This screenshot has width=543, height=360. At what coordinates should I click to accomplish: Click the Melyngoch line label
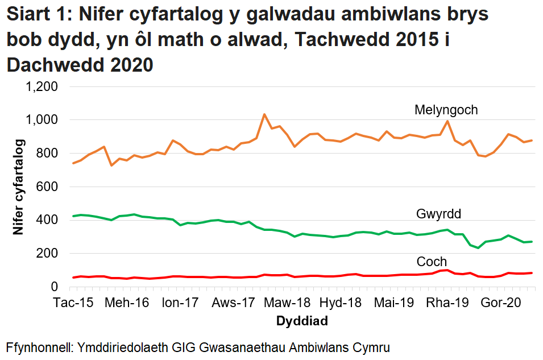click(x=446, y=110)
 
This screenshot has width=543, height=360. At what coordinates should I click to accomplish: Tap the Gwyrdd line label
click(x=438, y=214)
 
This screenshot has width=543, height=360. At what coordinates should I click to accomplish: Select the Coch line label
click(x=432, y=262)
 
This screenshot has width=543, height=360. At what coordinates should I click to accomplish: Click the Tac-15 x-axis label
click(x=73, y=303)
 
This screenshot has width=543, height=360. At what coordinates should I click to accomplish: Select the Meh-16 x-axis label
click(x=128, y=303)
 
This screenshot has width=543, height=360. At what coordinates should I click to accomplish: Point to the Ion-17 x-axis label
click(x=180, y=303)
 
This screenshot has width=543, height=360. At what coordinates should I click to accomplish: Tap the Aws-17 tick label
click(x=234, y=303)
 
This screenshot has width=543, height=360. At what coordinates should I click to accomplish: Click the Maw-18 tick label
click(x=287, y=303)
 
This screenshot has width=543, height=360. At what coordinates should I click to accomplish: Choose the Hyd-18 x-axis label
click(x=341, y=303)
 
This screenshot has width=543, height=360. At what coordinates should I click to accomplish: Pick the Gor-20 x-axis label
click(x=501, y=303)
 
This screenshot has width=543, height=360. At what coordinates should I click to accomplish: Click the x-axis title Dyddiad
click(x=302, y=321)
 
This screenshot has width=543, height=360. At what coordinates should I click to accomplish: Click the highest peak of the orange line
click(x=264, y=114)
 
